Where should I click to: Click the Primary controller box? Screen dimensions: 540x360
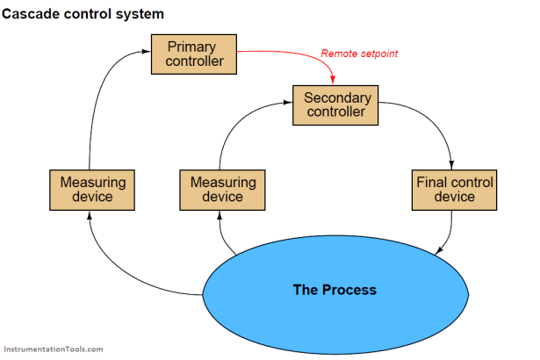pos(194,54)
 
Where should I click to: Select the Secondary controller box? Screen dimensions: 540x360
pos(335,105)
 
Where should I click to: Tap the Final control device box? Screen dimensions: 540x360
pos(454,190)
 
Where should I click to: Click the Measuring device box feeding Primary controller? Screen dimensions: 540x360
pos(92,190)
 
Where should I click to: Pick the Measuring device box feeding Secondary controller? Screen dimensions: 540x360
pos(222,190)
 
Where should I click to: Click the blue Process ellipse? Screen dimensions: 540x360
pos(335,294)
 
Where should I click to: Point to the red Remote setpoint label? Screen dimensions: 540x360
pos(359,54)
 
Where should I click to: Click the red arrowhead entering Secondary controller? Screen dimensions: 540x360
pos(333,80)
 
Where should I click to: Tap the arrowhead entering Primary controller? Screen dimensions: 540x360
pos(147,51)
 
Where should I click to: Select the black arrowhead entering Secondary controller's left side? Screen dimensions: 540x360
pos(288,103)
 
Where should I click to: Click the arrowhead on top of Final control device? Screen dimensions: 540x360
pos(451,165)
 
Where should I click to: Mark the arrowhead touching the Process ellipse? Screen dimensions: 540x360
pos(439,251)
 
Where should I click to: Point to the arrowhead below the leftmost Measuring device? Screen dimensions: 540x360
pos(90,215)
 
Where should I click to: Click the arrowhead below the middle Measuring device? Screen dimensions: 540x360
pos(220,215)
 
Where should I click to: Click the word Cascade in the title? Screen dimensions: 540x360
pos(31,14)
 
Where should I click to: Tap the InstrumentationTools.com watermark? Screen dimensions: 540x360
pos(54,349)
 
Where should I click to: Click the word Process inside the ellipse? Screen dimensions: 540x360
pos(349,290)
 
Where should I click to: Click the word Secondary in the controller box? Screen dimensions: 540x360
pos(337,98)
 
